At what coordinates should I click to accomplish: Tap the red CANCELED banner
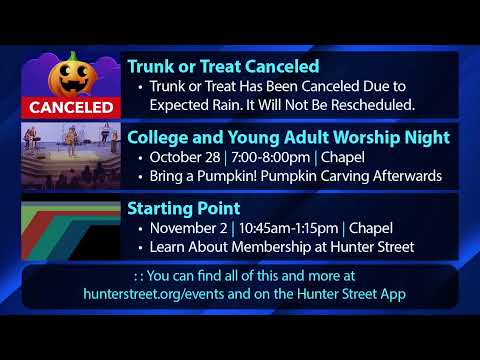point(71,106)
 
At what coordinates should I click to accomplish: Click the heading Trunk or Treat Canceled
point(223,67)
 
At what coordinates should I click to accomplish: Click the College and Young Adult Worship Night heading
point(288,138)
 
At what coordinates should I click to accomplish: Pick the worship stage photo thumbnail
point(71,155)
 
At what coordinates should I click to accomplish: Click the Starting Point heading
point(183,209)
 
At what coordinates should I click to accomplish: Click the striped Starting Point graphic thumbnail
point(71,227)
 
